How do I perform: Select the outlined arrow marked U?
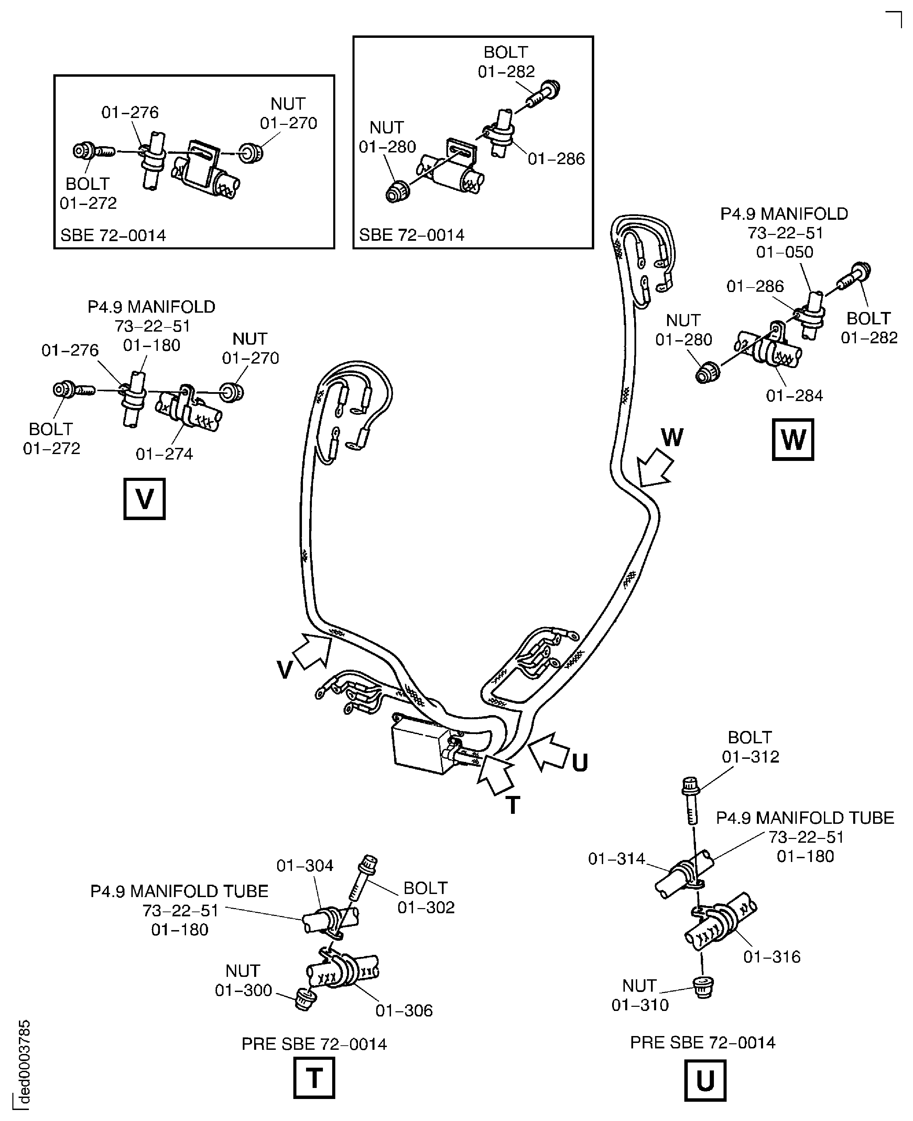tap(548, 751)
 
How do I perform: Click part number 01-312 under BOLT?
tap(750, 756)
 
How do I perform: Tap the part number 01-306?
tap(404, 1011)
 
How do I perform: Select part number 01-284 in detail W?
tap(794, 396)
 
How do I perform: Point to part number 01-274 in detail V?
tap(164, 454)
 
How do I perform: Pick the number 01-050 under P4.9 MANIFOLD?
tap(784, 252)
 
